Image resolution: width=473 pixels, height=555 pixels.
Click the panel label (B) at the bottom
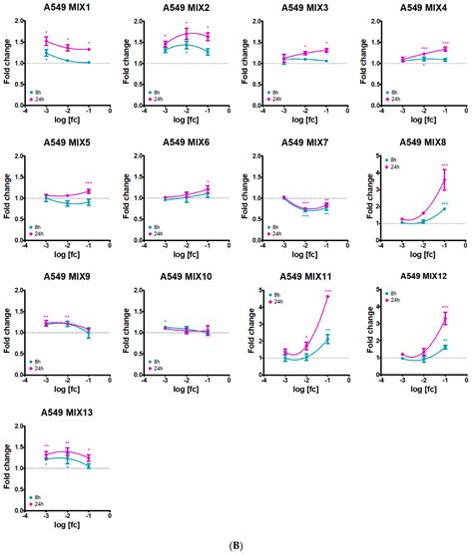pyautogui.click(x=236, y=546)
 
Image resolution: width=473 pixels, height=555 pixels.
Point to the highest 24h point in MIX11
pyautogui.click(x=326, y=297)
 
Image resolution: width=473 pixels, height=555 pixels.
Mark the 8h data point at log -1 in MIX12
pyautogui.click(x=445, y=347)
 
